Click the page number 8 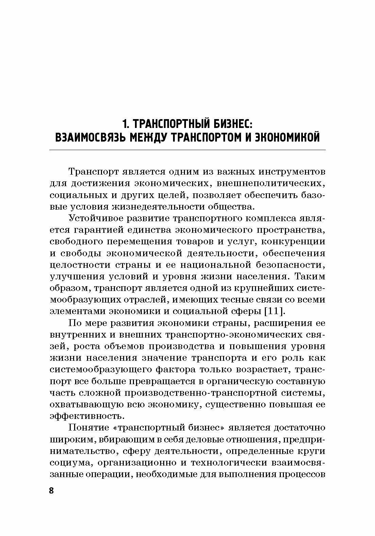[51, 490]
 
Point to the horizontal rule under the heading [187, 150]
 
